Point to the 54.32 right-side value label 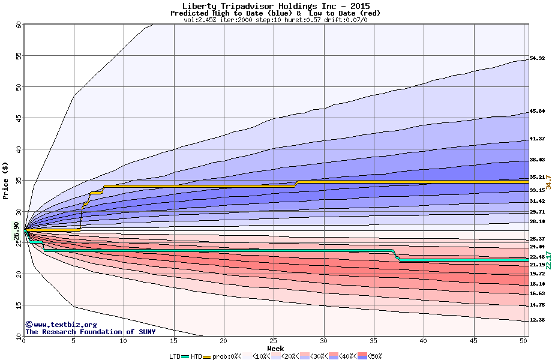(537, 58)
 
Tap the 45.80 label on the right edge (537, 111)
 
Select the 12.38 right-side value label (537, 320)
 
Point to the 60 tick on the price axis (18, 25)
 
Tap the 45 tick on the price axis (18, 118)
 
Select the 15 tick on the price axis (18, 305)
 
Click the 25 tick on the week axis (274, 341)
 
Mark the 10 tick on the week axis (124, 341)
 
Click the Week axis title (275, 348)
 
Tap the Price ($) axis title (6, 180)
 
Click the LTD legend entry (175, 356)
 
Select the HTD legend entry (196, 356)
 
